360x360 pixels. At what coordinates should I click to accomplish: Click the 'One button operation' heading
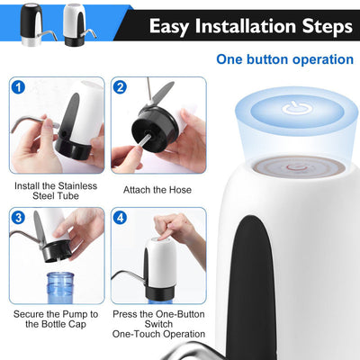[x=284, y=59]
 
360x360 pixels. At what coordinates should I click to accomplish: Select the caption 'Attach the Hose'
[x=157, y=190]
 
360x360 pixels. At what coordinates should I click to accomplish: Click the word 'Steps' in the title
[x=324, y=26]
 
